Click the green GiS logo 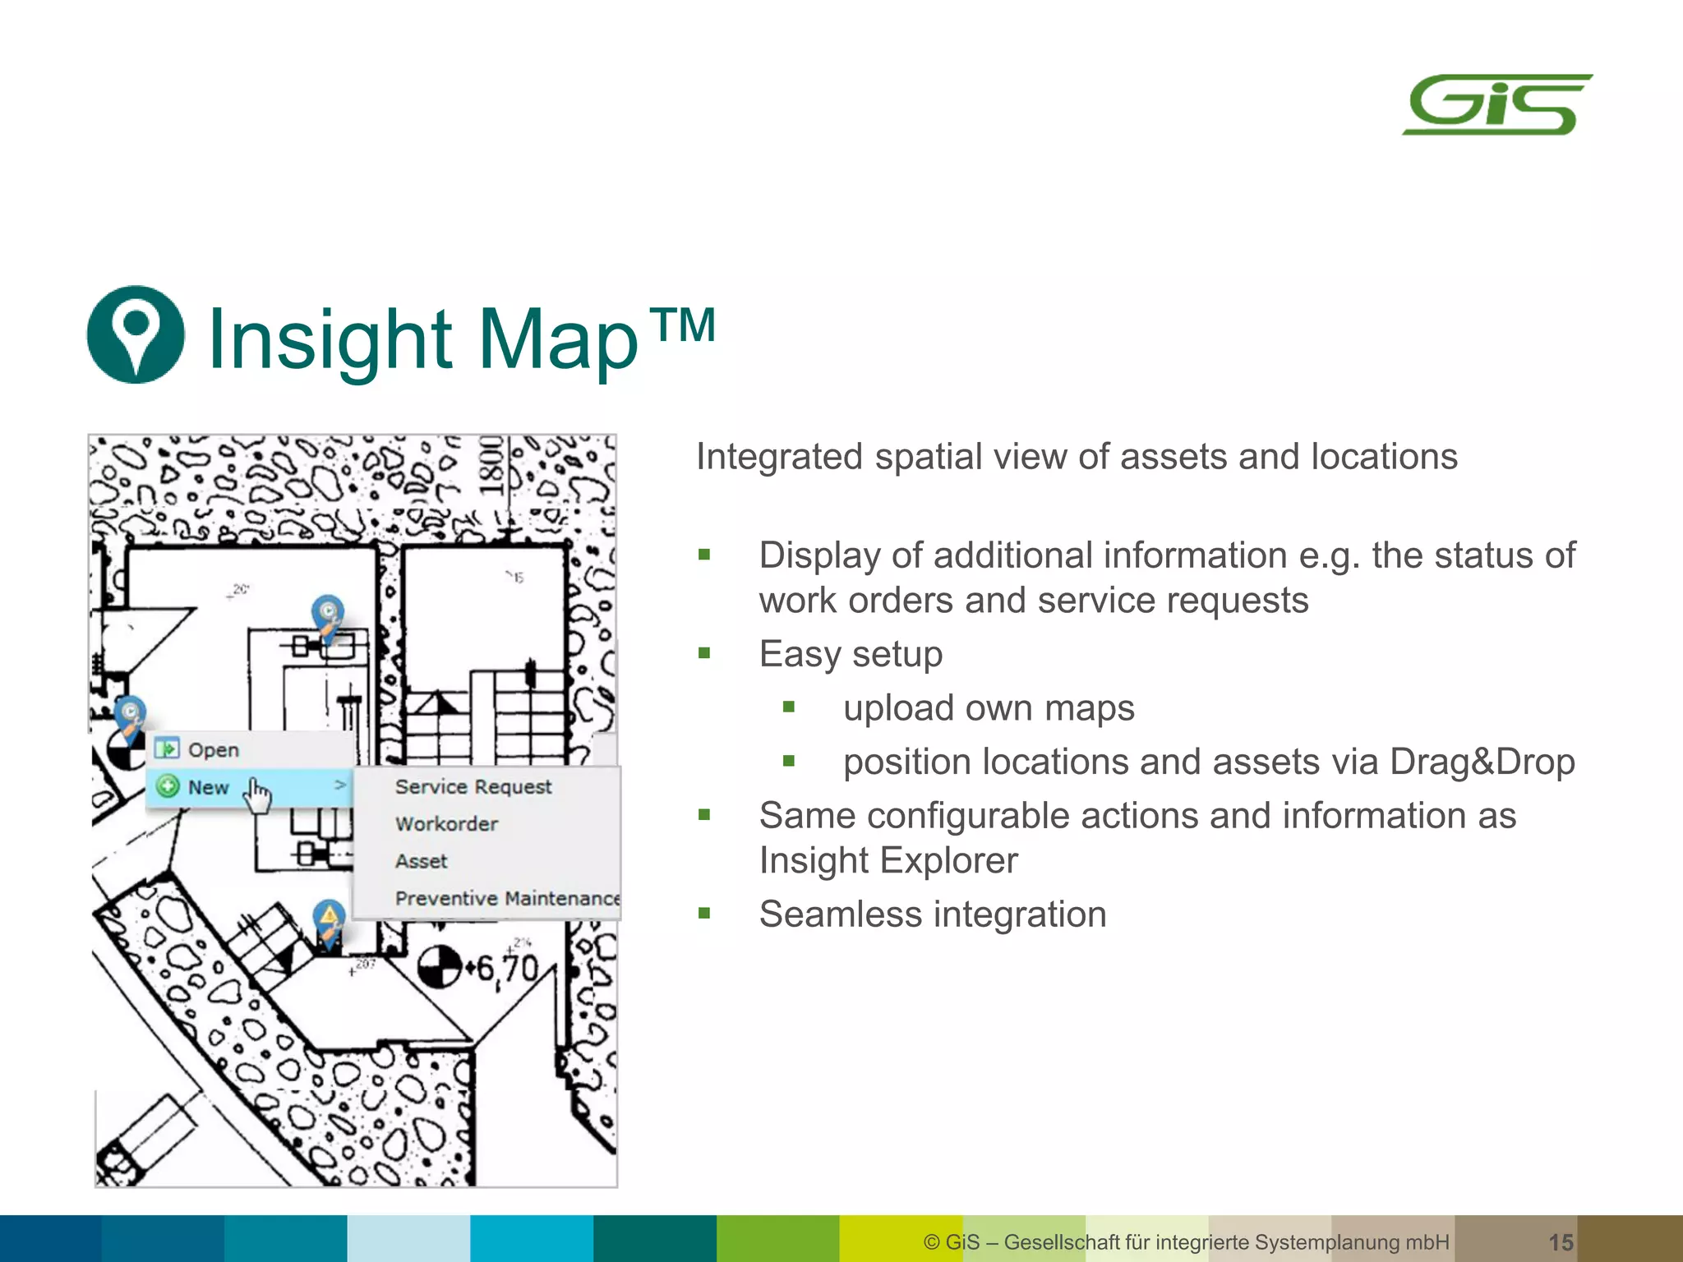(x=1497, y=104)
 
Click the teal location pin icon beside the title (x=136, y=334)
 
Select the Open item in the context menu (x=213, y=750)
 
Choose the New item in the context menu (x=208, y=787)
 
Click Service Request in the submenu (x=473, y=787)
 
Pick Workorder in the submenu (x=446, y=824)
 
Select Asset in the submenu (x=422, y=861)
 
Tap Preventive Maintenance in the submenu (x=506, y=898)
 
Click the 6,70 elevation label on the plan (x=506, y=970)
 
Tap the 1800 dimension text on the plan (x=491, y=465)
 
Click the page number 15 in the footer (x=1561, y=1242)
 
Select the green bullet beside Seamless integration (x=704, y=913)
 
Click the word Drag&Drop (x=1482, y=762)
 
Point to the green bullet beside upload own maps (x=789, y=707)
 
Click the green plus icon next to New (x=168, y=786)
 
